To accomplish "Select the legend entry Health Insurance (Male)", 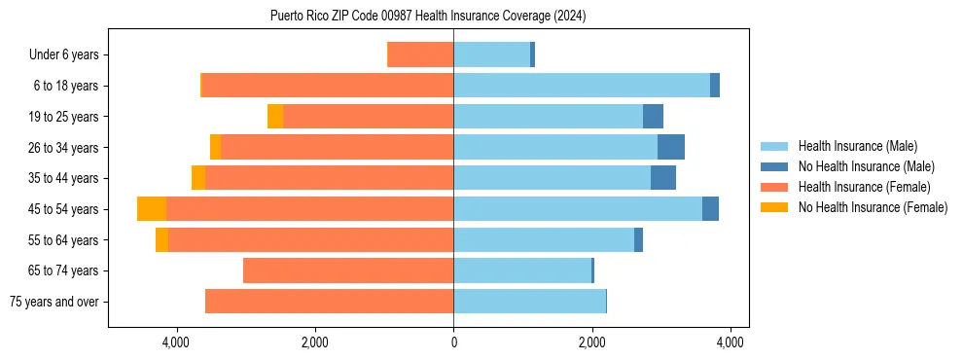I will (857, 146).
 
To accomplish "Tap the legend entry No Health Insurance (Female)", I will (873, 207).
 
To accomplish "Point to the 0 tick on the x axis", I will (453, 342).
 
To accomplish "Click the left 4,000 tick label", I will (176, 342).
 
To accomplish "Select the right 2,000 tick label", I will (591, 342).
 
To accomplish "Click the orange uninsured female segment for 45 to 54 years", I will (152, 209).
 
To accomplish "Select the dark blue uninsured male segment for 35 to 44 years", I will (663, 178).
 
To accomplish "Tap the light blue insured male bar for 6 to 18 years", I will (582, 86).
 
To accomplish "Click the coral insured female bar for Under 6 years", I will (420, 54).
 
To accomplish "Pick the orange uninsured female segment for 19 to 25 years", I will (275, 117).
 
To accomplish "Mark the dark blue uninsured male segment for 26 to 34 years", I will (671, 147).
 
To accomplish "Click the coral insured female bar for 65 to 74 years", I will (348, 270).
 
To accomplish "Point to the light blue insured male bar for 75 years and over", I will (529, 302).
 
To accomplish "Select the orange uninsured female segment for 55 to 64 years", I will (161, 239).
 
